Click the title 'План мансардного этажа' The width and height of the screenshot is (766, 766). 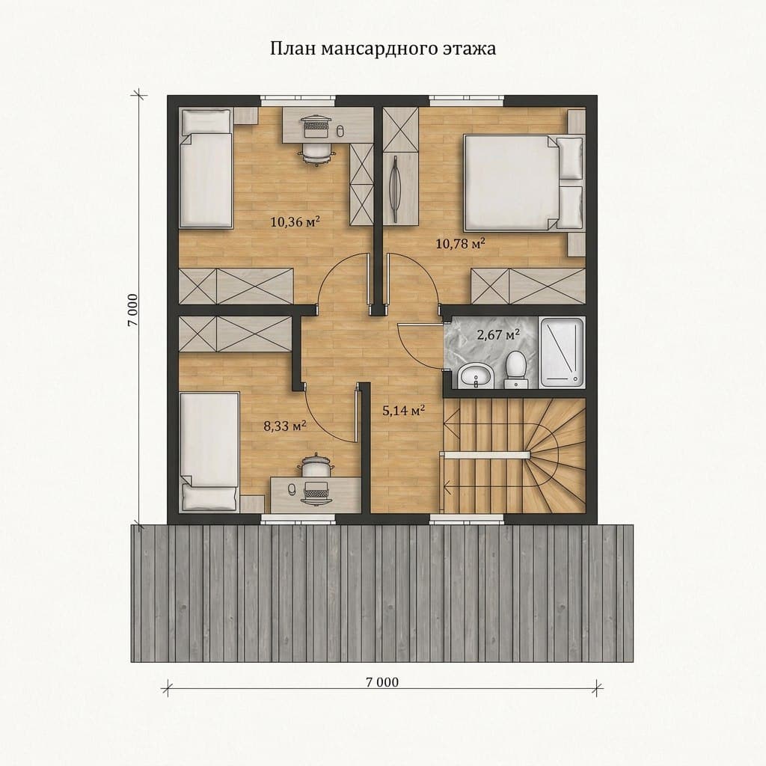pos(383,49)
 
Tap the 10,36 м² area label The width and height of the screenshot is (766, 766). pos(295,222)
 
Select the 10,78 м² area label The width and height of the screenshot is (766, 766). pos(460,243)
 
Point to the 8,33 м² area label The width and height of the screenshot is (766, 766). pos(285,426)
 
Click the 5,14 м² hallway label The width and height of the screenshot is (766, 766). pos(403,411)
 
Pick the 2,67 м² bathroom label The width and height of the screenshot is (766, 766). pos(497,334)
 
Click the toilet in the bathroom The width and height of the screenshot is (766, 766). pos(515,370)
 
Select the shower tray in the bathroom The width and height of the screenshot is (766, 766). pos(562,353)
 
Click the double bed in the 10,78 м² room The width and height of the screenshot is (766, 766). pos(524,183)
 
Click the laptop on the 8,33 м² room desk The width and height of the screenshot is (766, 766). pos(316,489)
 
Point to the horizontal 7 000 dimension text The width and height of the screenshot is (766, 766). pos(382,681)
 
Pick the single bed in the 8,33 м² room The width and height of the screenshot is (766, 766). pos(209,452)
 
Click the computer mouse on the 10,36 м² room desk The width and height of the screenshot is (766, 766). pos(341,129)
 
